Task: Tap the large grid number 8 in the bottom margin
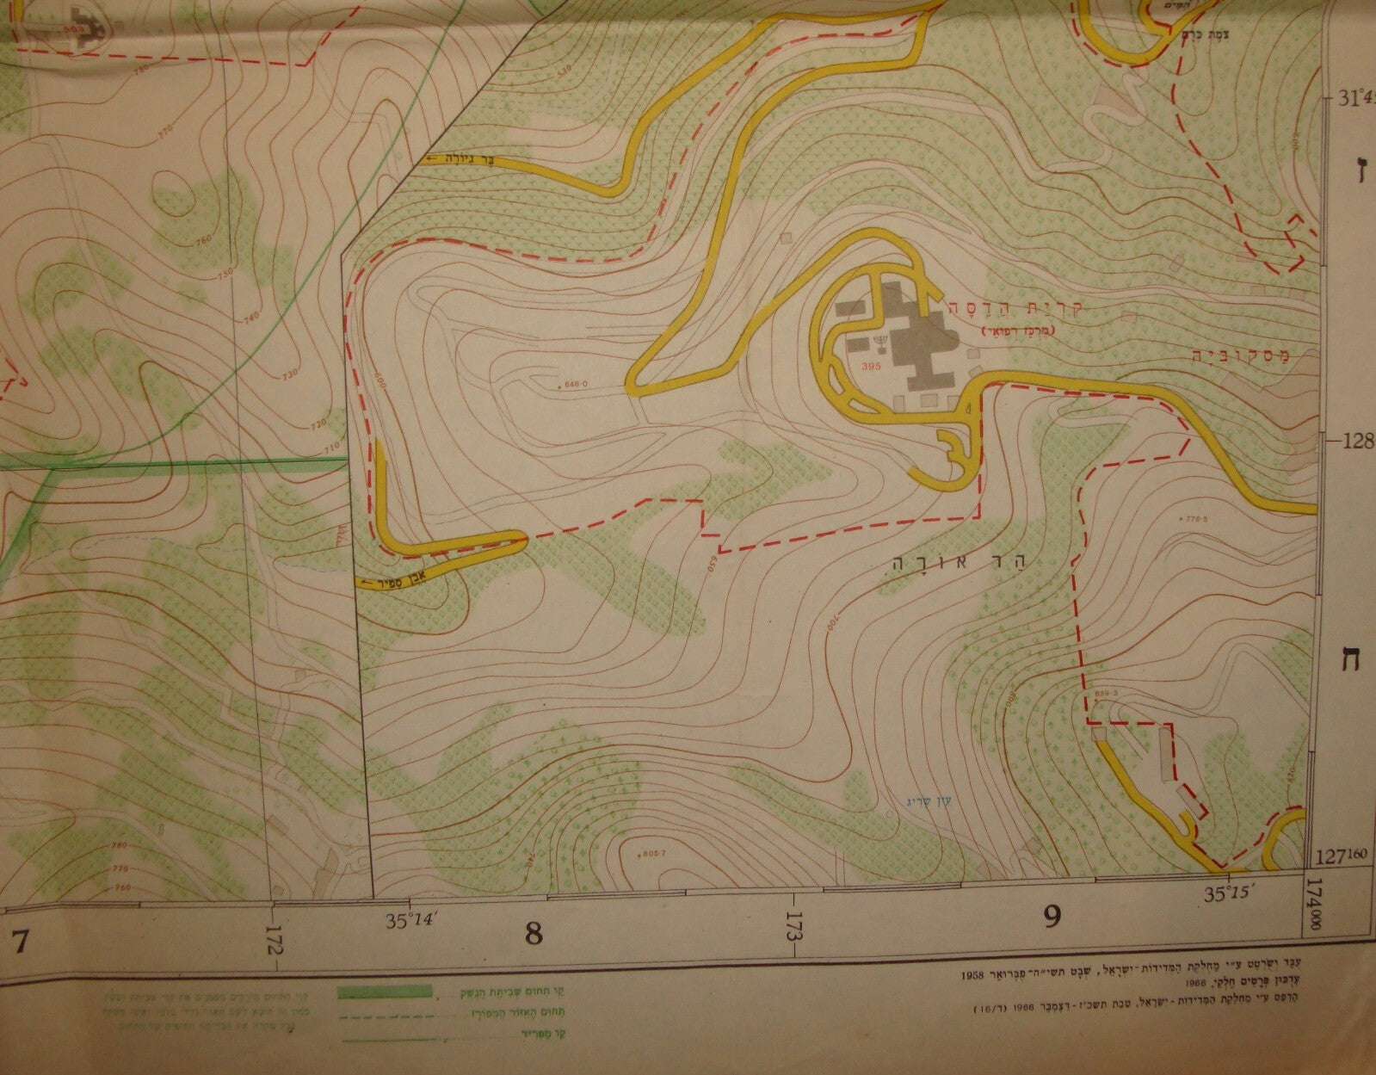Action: tap(534, 934)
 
